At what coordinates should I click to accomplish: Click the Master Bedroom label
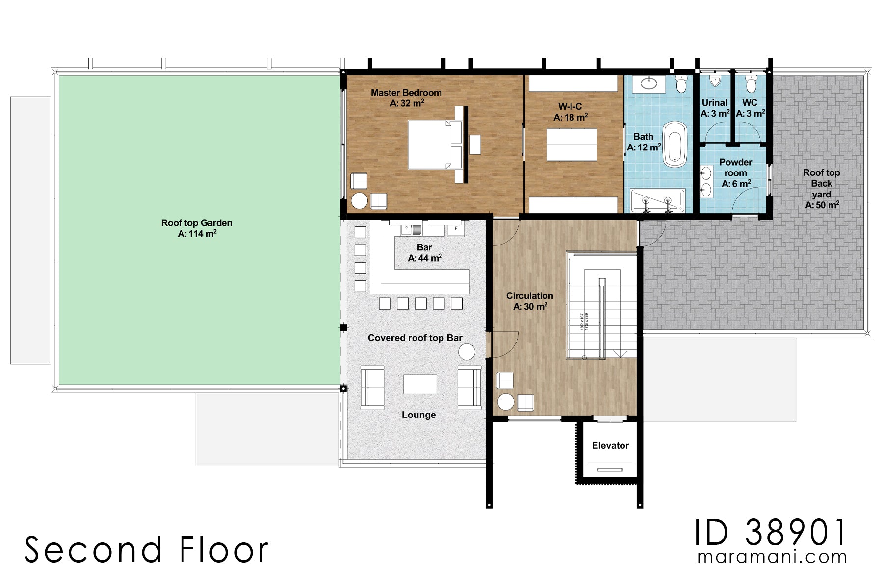tap(406, 93)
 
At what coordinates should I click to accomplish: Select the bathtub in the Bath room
tap(675, 145)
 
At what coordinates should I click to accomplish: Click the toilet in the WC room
tap(751, 85)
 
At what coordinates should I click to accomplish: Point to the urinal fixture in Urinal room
tap(715, 81)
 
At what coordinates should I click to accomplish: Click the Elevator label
tap(610, 445)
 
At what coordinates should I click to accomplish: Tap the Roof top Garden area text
tap(197, 228)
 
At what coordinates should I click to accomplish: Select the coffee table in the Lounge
tap(420, 385)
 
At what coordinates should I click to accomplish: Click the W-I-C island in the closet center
tap(571, 145)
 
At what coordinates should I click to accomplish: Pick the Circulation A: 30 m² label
tap(529, 301)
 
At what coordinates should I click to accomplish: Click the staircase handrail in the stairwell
tap(602, 318)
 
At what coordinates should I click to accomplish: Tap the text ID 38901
tap(770, 533)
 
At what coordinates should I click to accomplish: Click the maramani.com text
tap(772, 557)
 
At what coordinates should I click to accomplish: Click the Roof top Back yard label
tap(821, 189)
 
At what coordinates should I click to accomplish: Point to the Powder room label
tap(735, 168)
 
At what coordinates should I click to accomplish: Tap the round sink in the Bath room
tap(649, 84)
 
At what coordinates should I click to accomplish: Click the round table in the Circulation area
tap(505, 402)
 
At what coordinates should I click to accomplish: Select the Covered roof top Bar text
tap(415, 338)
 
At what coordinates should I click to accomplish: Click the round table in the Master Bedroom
tap(359, 201)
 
